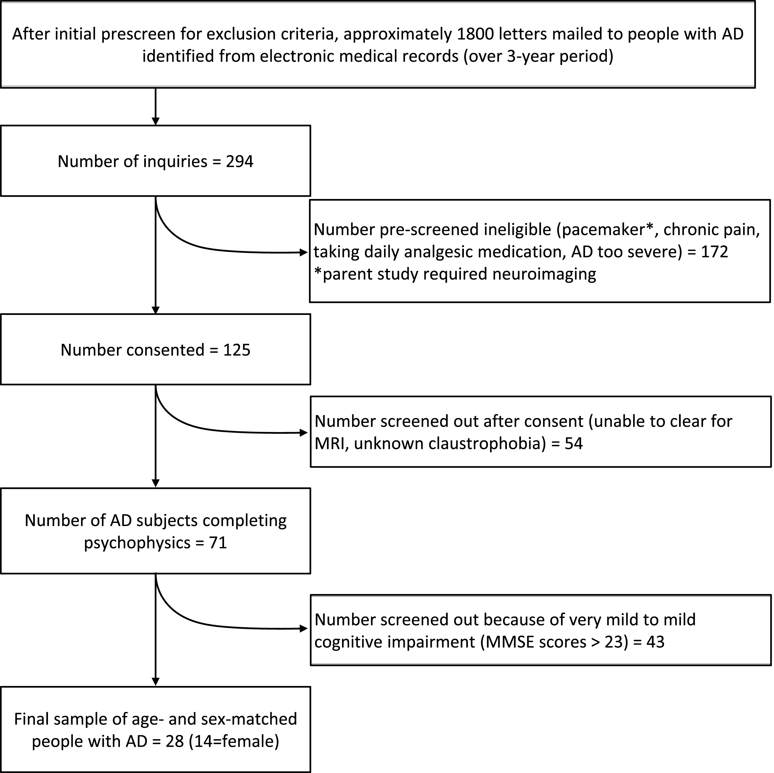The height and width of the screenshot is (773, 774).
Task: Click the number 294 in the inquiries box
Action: click(239, 162)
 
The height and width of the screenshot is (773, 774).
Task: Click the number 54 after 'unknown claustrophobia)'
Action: click(574, 443)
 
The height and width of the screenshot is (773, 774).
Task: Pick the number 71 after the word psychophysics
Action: click(218, 543)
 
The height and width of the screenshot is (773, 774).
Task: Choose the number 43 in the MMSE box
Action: click(655, 642)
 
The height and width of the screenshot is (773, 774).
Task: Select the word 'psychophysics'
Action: click(137, 543)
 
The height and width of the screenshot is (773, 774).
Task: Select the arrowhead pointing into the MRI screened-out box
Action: click(304, 432)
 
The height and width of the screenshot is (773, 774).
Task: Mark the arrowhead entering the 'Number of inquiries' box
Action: click(155, 121)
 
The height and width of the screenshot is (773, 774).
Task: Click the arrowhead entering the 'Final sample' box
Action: click(155, 682)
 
